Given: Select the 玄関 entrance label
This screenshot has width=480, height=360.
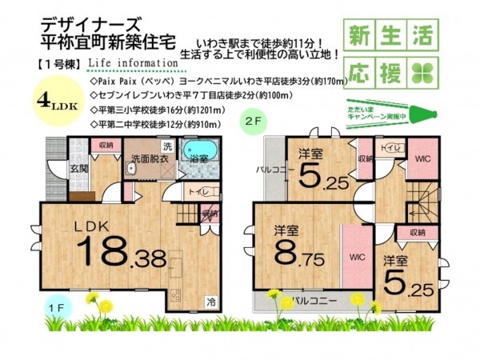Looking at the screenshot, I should coord(78,168).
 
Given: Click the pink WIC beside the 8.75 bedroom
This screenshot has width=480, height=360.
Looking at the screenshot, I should coord(355,258).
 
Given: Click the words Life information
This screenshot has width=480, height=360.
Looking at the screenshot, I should coord(133,62).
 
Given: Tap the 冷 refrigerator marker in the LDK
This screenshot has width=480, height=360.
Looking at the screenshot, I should coord(210,302).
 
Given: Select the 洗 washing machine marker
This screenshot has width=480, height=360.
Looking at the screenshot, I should coord(167,146).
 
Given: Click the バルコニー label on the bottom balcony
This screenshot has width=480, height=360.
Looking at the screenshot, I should coord(313,302).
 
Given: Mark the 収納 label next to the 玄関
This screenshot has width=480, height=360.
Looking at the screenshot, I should coord(106,146).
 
